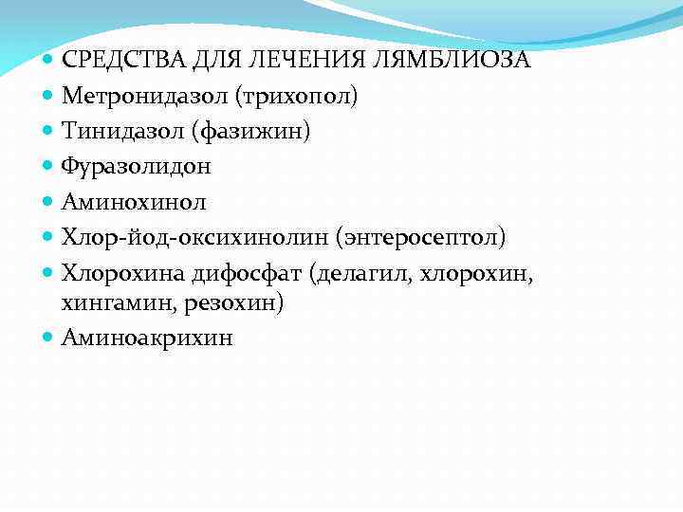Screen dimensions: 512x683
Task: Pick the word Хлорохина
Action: point(119,271)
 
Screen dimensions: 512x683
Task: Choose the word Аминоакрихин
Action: point(146,338)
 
